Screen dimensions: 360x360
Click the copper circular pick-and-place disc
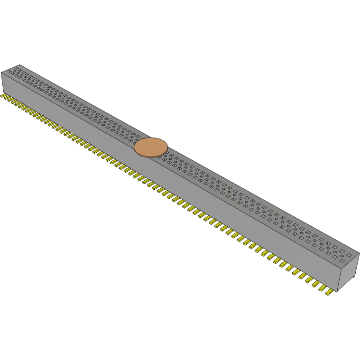[x=151, y=147]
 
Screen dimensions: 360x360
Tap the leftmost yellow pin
[x=3, y=96]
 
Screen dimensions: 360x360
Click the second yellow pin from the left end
[x=7, y=98]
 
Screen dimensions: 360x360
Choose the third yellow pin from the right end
[x=316, y=284]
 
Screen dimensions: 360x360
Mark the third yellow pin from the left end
[x=10, y=101]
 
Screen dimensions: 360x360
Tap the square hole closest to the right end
[x=349, y=255]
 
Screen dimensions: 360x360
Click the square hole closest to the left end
[x=9, y=72]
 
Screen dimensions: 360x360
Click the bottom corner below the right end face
[x=338, y=292]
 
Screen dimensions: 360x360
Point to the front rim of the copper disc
[x=150, y=156]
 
